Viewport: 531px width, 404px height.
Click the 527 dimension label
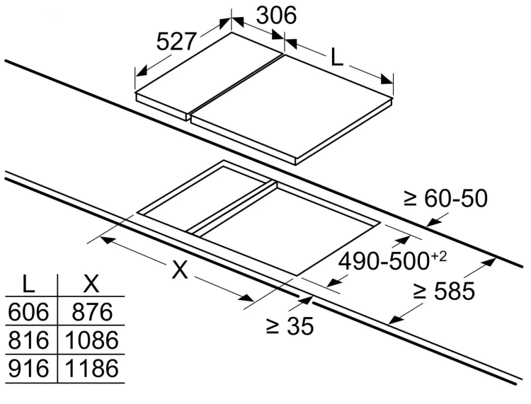pyautogui.click(x=176, y=41)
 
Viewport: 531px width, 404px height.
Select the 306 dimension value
pyautogui.click(x=276, y=16)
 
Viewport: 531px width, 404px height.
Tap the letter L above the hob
pyautogui.click(x=336, y=57)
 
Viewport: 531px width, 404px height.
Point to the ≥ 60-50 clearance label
pyautogui.click(x=445, y=198)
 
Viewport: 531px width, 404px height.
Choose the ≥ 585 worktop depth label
pyautogui.click(x=445, y=291)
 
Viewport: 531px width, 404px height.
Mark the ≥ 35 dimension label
pyautogui.click(x=290, y=326)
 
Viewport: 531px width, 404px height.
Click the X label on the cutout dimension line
pyautogui.click(x=180, y=270)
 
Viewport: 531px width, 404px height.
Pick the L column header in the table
pyautogui.click(x=28, y=284)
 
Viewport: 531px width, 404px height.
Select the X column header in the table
pyautogui.click(x=91, y=284)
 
